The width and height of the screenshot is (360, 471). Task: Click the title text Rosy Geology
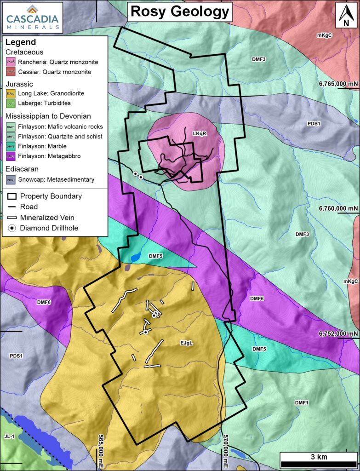point(180,11)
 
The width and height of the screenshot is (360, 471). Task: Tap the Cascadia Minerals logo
point(32,17)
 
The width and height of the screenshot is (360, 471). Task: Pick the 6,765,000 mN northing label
point(338,84)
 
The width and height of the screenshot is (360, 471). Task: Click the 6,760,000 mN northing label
point(338,208)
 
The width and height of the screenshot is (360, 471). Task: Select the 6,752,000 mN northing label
point(338,333)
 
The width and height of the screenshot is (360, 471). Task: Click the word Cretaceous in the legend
point(24,52)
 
